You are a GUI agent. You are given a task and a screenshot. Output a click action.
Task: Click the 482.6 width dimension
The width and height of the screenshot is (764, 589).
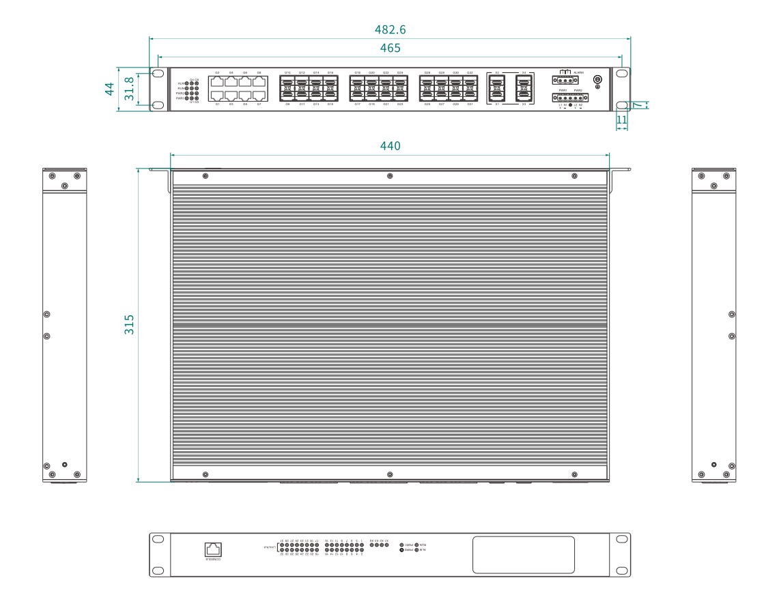click(x=390, y=30)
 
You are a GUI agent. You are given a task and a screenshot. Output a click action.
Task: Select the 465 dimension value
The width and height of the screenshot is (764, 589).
click(x=390, y=48)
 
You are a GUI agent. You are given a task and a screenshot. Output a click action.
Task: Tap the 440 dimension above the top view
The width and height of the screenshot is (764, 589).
click(x=390, y=145)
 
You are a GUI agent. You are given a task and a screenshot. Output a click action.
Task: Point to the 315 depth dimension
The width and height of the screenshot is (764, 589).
click(x=128, y=324)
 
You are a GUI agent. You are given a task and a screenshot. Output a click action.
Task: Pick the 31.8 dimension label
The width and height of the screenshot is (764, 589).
click(x=128, y=89)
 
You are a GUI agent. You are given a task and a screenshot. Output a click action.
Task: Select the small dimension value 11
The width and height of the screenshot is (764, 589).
click(x=621, y=119)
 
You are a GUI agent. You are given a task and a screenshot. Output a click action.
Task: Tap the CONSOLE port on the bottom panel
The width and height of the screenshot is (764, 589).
click(x=213, y=549)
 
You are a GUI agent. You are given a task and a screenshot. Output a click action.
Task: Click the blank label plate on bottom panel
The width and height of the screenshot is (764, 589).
click(x=523, y=554)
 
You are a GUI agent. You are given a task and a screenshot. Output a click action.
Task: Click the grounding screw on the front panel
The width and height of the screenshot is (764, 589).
click(x=597, y=81)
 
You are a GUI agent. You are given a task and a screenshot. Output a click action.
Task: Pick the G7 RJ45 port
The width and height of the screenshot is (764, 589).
click(x=259, y=96)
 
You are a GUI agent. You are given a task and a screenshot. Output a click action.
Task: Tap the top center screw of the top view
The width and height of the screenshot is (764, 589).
click(x=390, y=176)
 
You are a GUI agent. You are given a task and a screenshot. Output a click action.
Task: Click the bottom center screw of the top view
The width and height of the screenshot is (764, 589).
click(x=390, y=474)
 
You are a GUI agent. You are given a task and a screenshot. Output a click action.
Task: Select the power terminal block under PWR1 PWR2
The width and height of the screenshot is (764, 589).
click(x=569, y=98)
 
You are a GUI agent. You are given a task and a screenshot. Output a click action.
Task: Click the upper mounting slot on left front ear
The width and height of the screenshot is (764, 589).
click(x=158, y=73)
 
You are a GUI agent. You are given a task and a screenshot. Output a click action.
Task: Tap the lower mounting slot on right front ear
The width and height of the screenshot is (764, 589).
click(x=622, y=105)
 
